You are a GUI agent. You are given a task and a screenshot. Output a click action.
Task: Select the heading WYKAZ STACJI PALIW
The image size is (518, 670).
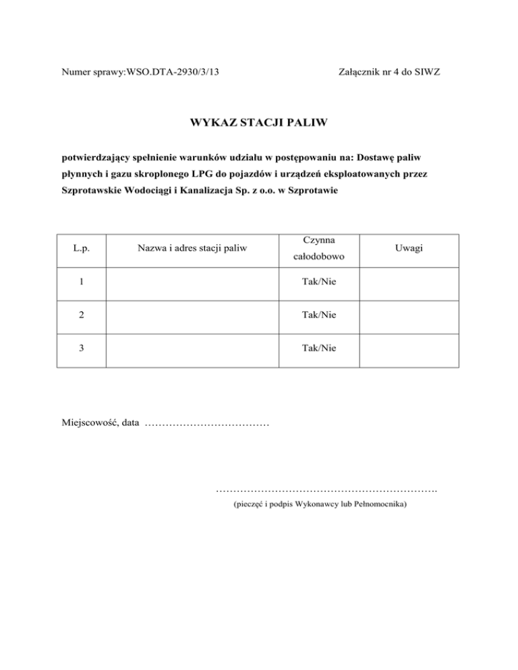[258, 123]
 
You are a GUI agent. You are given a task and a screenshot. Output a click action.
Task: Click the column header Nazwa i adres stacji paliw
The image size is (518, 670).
[192, 249]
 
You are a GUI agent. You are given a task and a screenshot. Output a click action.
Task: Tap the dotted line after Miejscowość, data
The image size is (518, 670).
[207, 425]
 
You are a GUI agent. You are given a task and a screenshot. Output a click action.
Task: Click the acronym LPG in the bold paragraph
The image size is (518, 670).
[206, 174]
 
